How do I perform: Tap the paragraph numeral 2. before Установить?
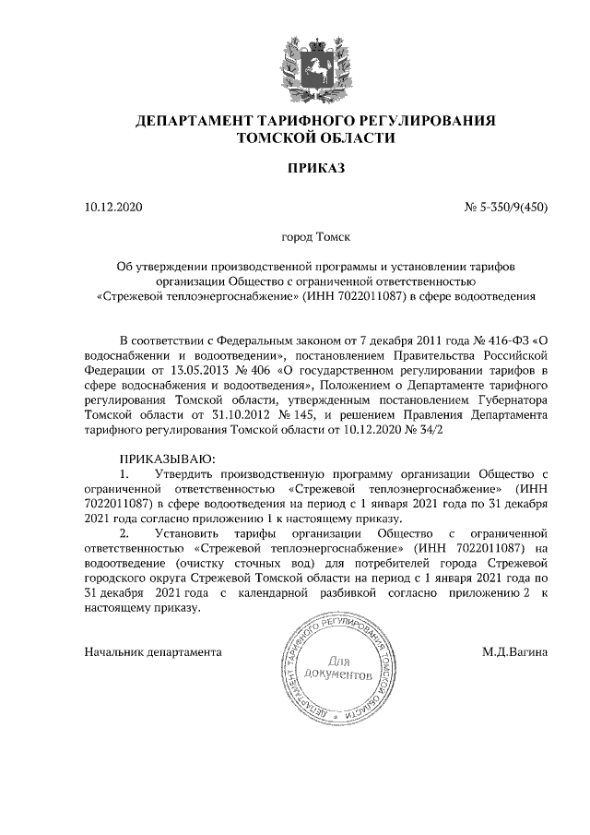[125, 533]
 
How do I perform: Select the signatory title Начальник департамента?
[153, 651]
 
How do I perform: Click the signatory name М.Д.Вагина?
[514, 651]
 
